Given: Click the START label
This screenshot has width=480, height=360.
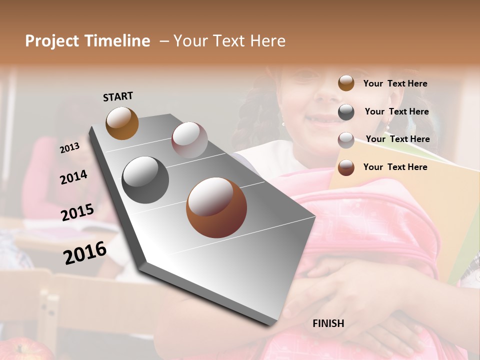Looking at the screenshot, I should [118, 96].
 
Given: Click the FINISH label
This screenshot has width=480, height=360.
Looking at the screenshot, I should [328, 323].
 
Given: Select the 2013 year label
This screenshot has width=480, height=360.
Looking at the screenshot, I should [69, 147].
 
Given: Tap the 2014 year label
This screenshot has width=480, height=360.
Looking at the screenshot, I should [73, 177].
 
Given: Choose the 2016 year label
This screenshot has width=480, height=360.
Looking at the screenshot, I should [84, 252].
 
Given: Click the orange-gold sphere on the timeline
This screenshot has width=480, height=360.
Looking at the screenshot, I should [122, 123].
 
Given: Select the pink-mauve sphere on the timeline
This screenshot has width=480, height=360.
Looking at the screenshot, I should [189, 140].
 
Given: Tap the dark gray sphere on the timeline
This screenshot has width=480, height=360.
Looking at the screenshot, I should [145, 179].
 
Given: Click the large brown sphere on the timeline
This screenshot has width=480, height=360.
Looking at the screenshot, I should [216, 207].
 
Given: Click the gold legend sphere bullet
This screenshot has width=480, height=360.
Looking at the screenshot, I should [346, 83].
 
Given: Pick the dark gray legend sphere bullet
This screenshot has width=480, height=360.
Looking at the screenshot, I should [346, 112].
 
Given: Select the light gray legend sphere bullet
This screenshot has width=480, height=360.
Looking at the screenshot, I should [346, 140].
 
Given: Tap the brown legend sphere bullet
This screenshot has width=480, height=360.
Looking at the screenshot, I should [346, 167].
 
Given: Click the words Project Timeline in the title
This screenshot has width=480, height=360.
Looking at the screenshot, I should [87, 41].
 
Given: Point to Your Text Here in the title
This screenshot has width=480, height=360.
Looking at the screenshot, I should [229, 41].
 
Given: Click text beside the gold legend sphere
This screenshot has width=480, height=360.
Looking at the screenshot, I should [395, 83].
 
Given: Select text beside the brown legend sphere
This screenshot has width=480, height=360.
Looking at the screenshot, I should [395, 167].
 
